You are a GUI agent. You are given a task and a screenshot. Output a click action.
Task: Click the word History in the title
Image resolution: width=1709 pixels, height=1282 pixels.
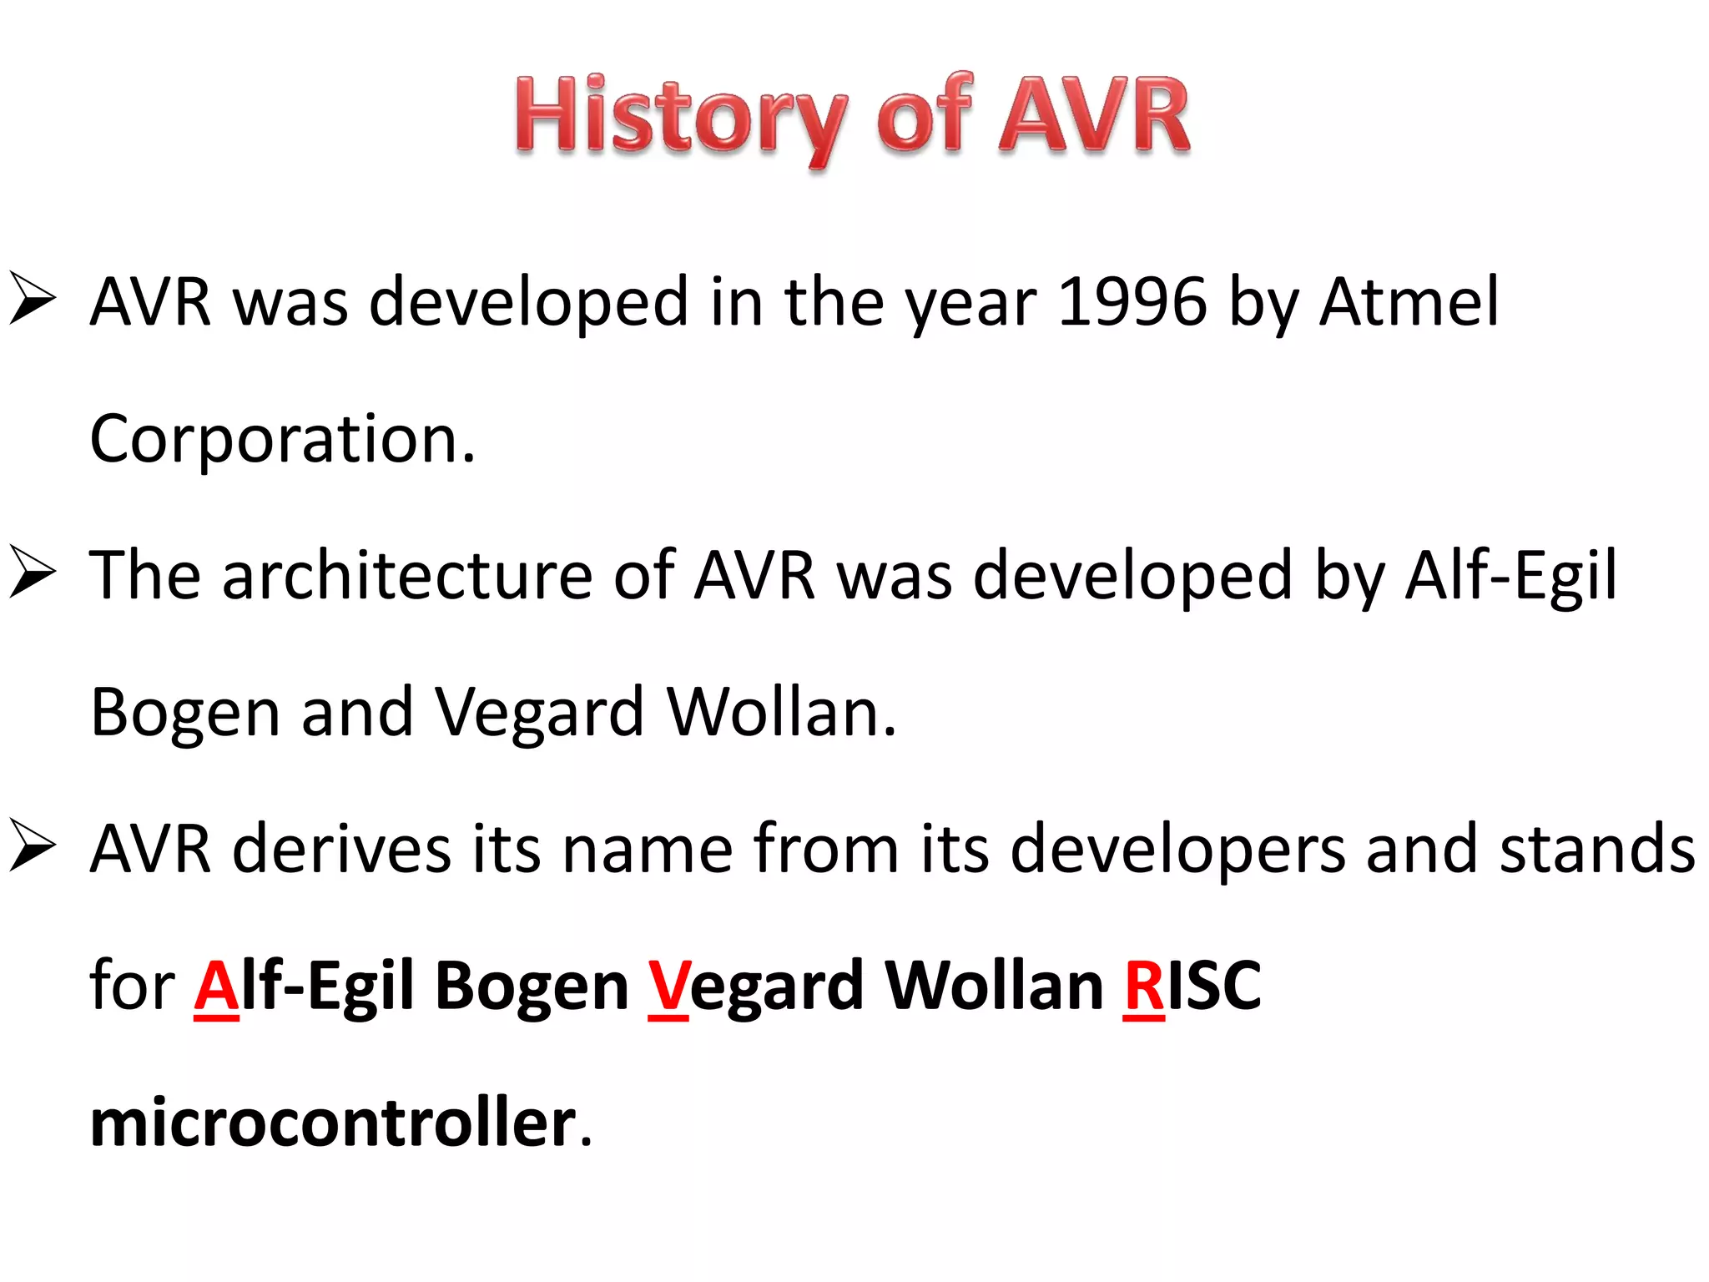click(x=680, y=117)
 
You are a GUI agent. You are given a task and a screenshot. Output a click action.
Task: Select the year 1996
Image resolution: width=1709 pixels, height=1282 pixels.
click(x=1132, y=301)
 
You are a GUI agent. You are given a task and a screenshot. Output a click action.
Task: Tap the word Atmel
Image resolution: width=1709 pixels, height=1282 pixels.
click(x=1409, y=301)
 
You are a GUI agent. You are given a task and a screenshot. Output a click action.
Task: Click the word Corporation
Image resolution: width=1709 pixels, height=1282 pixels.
click(x=282, y=439)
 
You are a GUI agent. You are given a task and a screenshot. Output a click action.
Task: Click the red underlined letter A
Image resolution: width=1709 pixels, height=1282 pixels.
click(x=216, y=987)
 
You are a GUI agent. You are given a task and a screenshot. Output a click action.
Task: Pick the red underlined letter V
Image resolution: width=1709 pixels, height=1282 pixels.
click(x=668, y=987)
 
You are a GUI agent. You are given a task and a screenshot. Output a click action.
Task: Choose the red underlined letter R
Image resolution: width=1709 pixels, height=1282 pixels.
click(x=1143, y=987)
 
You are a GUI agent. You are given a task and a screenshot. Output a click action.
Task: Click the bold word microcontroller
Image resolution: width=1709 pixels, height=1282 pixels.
click(x=333, y=1123)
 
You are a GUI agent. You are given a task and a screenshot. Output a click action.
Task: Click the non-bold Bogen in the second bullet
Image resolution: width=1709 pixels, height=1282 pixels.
click(x=184, y=713)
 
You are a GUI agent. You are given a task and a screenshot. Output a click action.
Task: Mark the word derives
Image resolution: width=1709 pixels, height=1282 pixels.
click(x=341, y=849)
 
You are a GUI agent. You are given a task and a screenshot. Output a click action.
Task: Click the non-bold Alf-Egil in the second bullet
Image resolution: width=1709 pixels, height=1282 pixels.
click(x=1510, y=575)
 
